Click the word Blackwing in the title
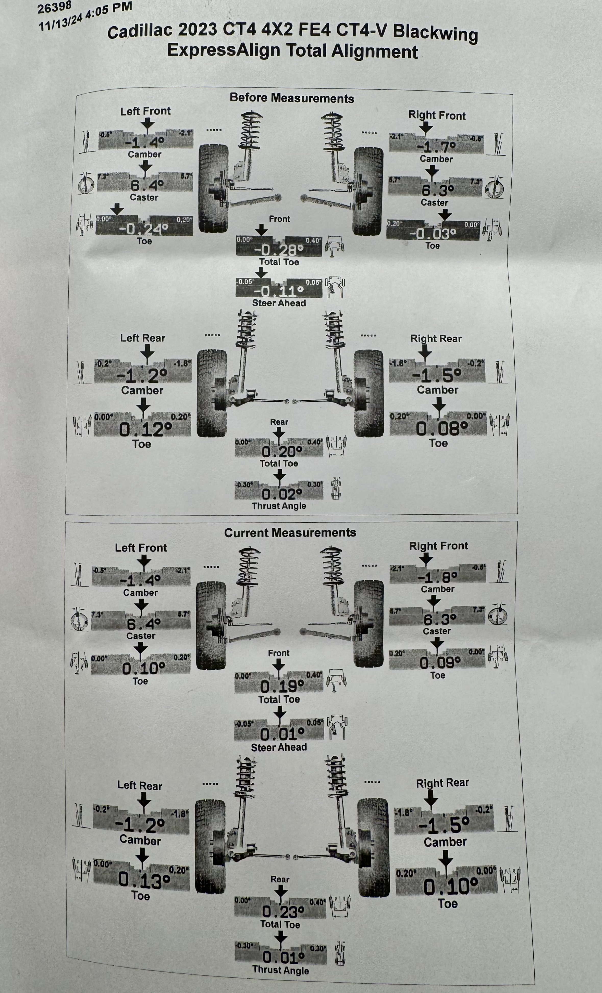pos(435,33)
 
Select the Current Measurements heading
pos(290,532)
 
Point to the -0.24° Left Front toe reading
pos(143,229)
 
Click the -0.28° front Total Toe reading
pos(279,250)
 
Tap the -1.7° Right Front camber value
pos(436,147)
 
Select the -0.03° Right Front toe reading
pos(433,233)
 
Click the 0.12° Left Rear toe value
pos(145,429)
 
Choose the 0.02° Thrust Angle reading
pos(282,494)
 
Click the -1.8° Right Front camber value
pos(437,578)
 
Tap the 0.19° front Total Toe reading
pos(282,686)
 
